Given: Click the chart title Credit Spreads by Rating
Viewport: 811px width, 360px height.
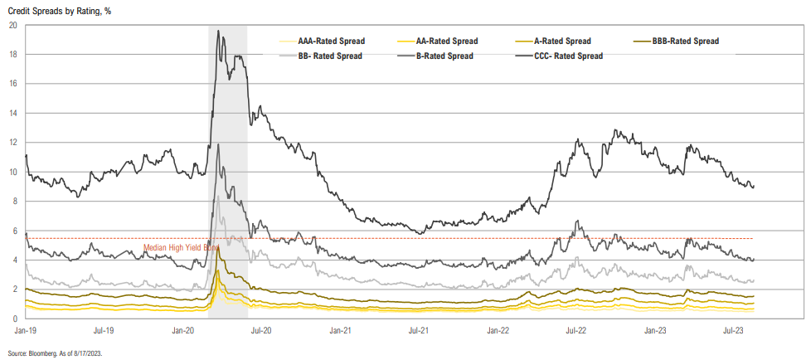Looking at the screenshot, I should [x=60, y=9].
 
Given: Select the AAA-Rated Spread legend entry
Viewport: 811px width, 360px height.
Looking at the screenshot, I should [x=331, y=41].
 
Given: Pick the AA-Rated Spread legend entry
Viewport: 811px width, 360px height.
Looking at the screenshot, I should [x=448, y=41].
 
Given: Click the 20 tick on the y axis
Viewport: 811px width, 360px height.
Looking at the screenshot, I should [x=13, y=25].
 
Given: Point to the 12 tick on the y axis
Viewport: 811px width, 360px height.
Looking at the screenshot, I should [x=13, y=143].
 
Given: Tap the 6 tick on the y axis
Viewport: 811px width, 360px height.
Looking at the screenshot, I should [x=15, y=231].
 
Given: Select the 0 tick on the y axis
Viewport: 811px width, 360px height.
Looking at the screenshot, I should [x=15, y=319].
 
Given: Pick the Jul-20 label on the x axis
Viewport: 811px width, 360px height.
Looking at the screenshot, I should [x=262, y=330].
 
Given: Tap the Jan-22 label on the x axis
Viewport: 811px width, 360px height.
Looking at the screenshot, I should [x=498, y=330].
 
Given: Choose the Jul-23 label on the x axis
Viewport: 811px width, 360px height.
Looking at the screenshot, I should [x=733, y=330].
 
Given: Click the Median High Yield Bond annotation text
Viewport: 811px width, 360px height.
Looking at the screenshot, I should [x=181, y=247].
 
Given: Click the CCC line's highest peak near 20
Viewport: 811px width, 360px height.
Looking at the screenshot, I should [x=217, y=32].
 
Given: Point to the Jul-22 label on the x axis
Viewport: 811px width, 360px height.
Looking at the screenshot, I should [x=576, y=330].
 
